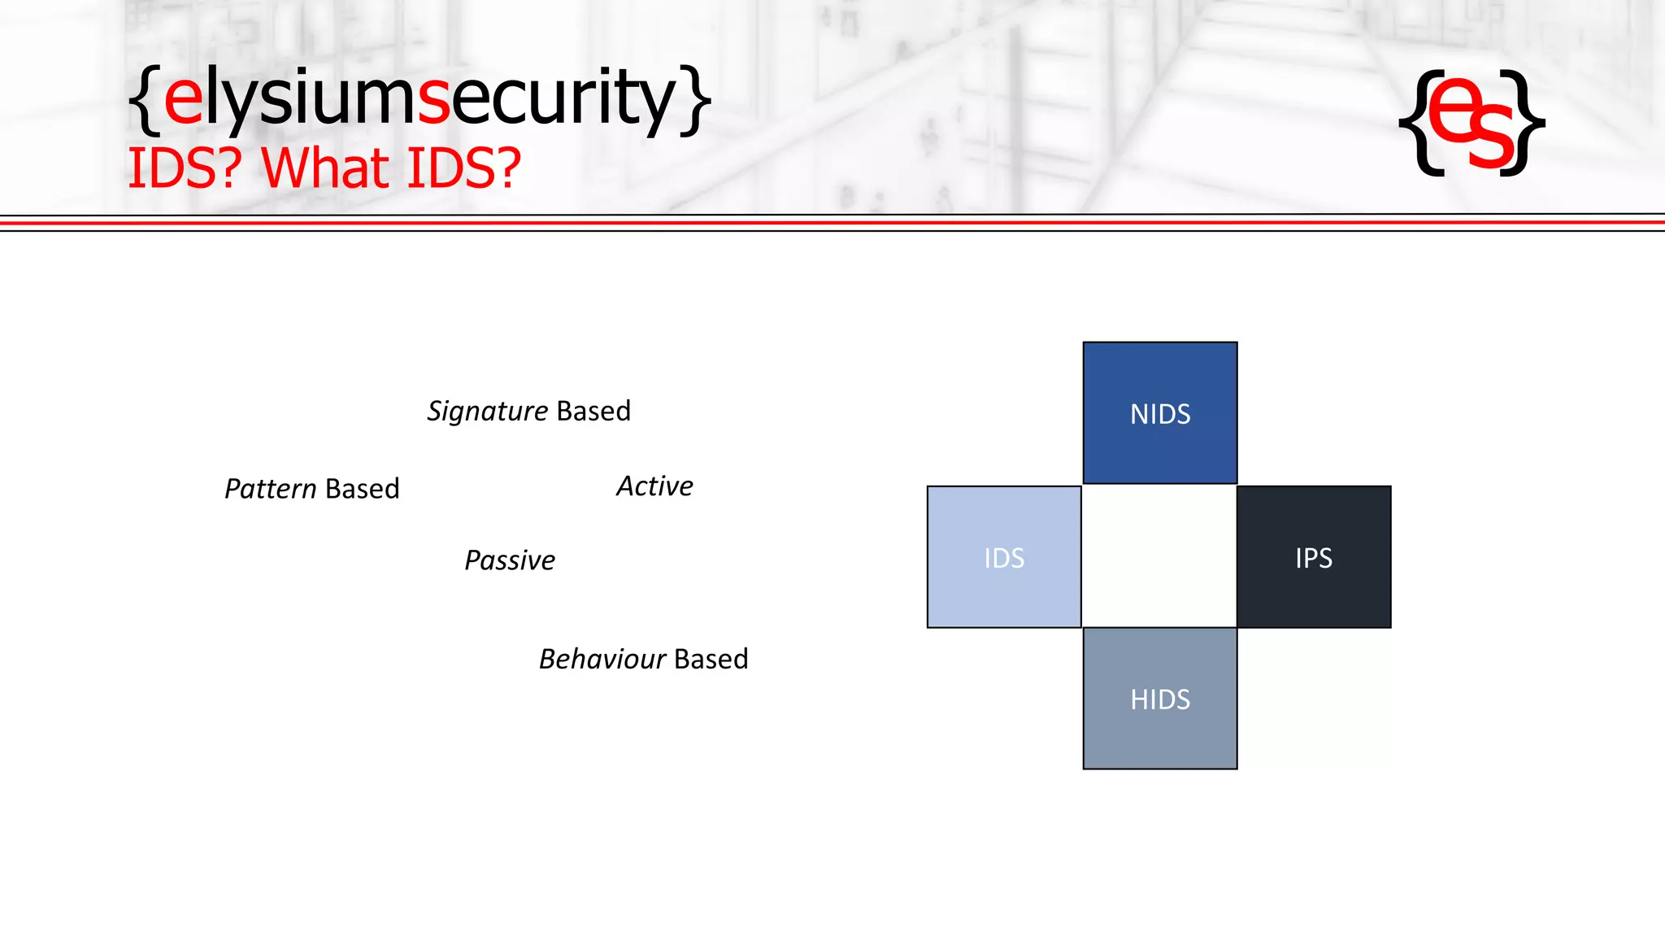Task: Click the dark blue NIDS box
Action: pos(1160,413)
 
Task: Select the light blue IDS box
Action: pos(1004,557)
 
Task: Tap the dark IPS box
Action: pos(1314,557)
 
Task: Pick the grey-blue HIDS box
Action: pos(1160,699)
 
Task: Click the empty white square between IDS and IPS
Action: pos(1159,557)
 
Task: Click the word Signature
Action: pos(488,412)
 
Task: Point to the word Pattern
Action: pos(271,489)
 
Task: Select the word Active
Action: pos(654,486)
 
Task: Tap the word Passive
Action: pos(510,560)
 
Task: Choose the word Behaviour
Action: pos(602,659)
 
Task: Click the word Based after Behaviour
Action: pos(711,659)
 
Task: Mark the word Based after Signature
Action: pos(593,412)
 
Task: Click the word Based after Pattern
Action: pos(363,489)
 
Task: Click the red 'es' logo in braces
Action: pos(1472,122)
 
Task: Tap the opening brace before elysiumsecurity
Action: pos(144,99)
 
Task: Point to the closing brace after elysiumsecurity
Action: pos(696,99)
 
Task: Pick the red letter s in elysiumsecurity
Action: pos(433,101)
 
